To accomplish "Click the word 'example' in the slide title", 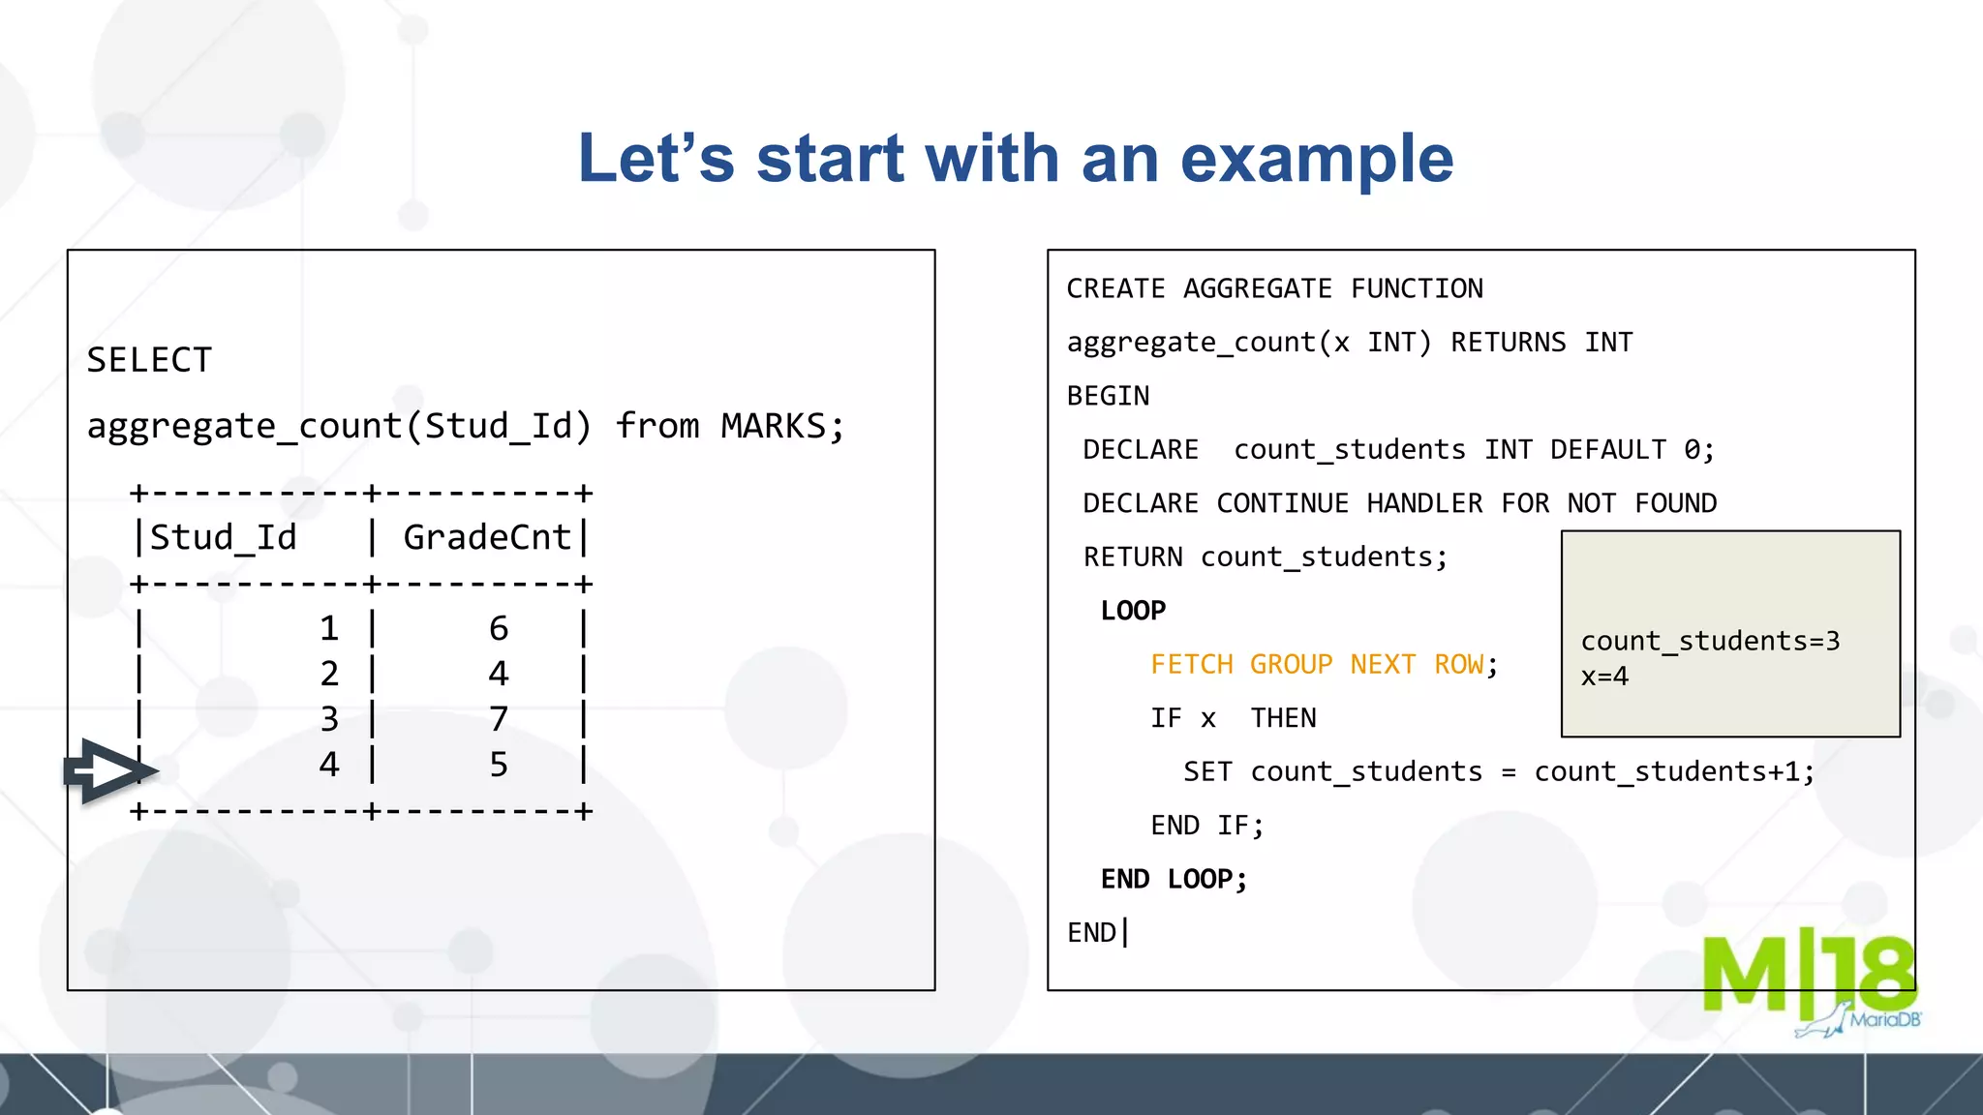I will pyautogui.click(x=1317, y=160).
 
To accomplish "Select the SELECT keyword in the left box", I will pyautogui.click(x=149, y=361).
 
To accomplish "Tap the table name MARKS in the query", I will pyautogui.click(x=773, y=427).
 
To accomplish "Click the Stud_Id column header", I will pyautogui.click(x=223, y=538).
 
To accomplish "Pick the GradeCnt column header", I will pyautogui.click(x=486, y=538).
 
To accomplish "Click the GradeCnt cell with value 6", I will pyautogui.click(x=499, y=629).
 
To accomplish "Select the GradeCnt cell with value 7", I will pyautogui.click(x=499, y=719).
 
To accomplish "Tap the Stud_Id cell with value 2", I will pyautogui.click(x=329, y=674).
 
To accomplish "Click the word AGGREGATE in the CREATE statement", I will pyautogui.click(x=1257, y=289).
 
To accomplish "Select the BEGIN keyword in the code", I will pyautogui.click(x=1108, y=397).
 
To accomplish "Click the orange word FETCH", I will pyautogui.click(x=1191, y=665).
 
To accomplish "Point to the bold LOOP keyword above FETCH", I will pyautogui.click(x=1133, y=611).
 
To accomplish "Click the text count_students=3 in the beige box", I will pyautogui.click(x=1710, y=642).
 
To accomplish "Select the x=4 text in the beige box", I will pyautogui.click(x=1604, y=677).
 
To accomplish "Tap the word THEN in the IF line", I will pyautogui.click(x=1283, y=718).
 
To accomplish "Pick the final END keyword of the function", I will pyautogui.click(x=1091, y=933).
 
